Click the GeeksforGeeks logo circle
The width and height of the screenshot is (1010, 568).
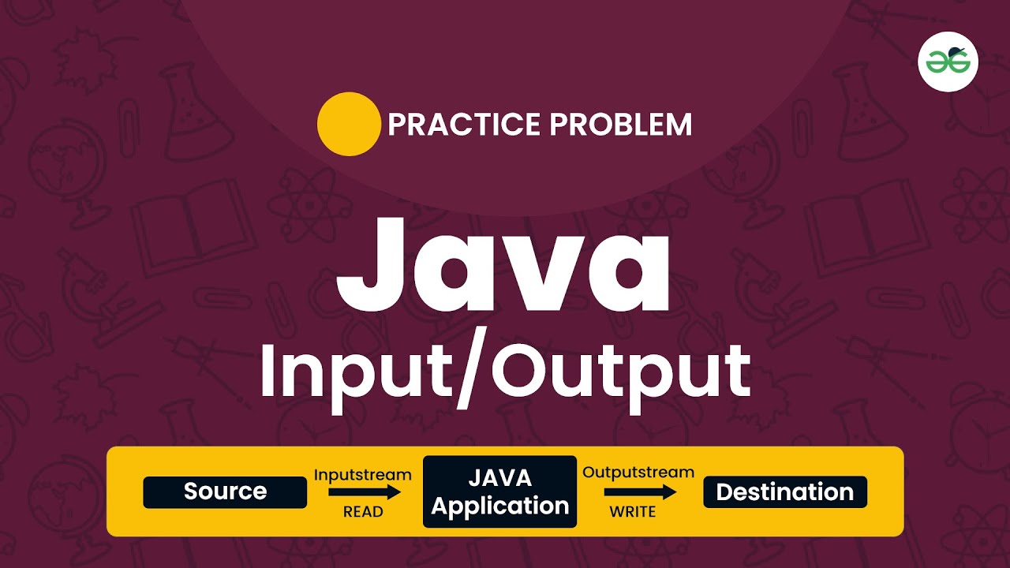[x=948, y=61]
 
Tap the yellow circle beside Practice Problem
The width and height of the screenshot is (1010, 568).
[x=349, y=124]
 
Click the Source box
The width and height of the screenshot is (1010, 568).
[x=225, y=491]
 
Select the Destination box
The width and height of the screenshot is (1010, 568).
[x=784, y=491]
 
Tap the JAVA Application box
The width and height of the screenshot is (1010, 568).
[x=500, y=491]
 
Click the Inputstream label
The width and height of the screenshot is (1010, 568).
[x=363, y=475]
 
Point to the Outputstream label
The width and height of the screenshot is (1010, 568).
[x=638, y=473]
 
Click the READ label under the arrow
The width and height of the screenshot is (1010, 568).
[x=363, y=512]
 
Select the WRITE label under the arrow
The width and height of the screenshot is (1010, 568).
[x=633, y=512]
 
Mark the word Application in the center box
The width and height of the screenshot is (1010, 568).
[x=500, y=506]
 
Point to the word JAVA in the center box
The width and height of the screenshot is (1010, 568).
[x=500, y=478]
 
